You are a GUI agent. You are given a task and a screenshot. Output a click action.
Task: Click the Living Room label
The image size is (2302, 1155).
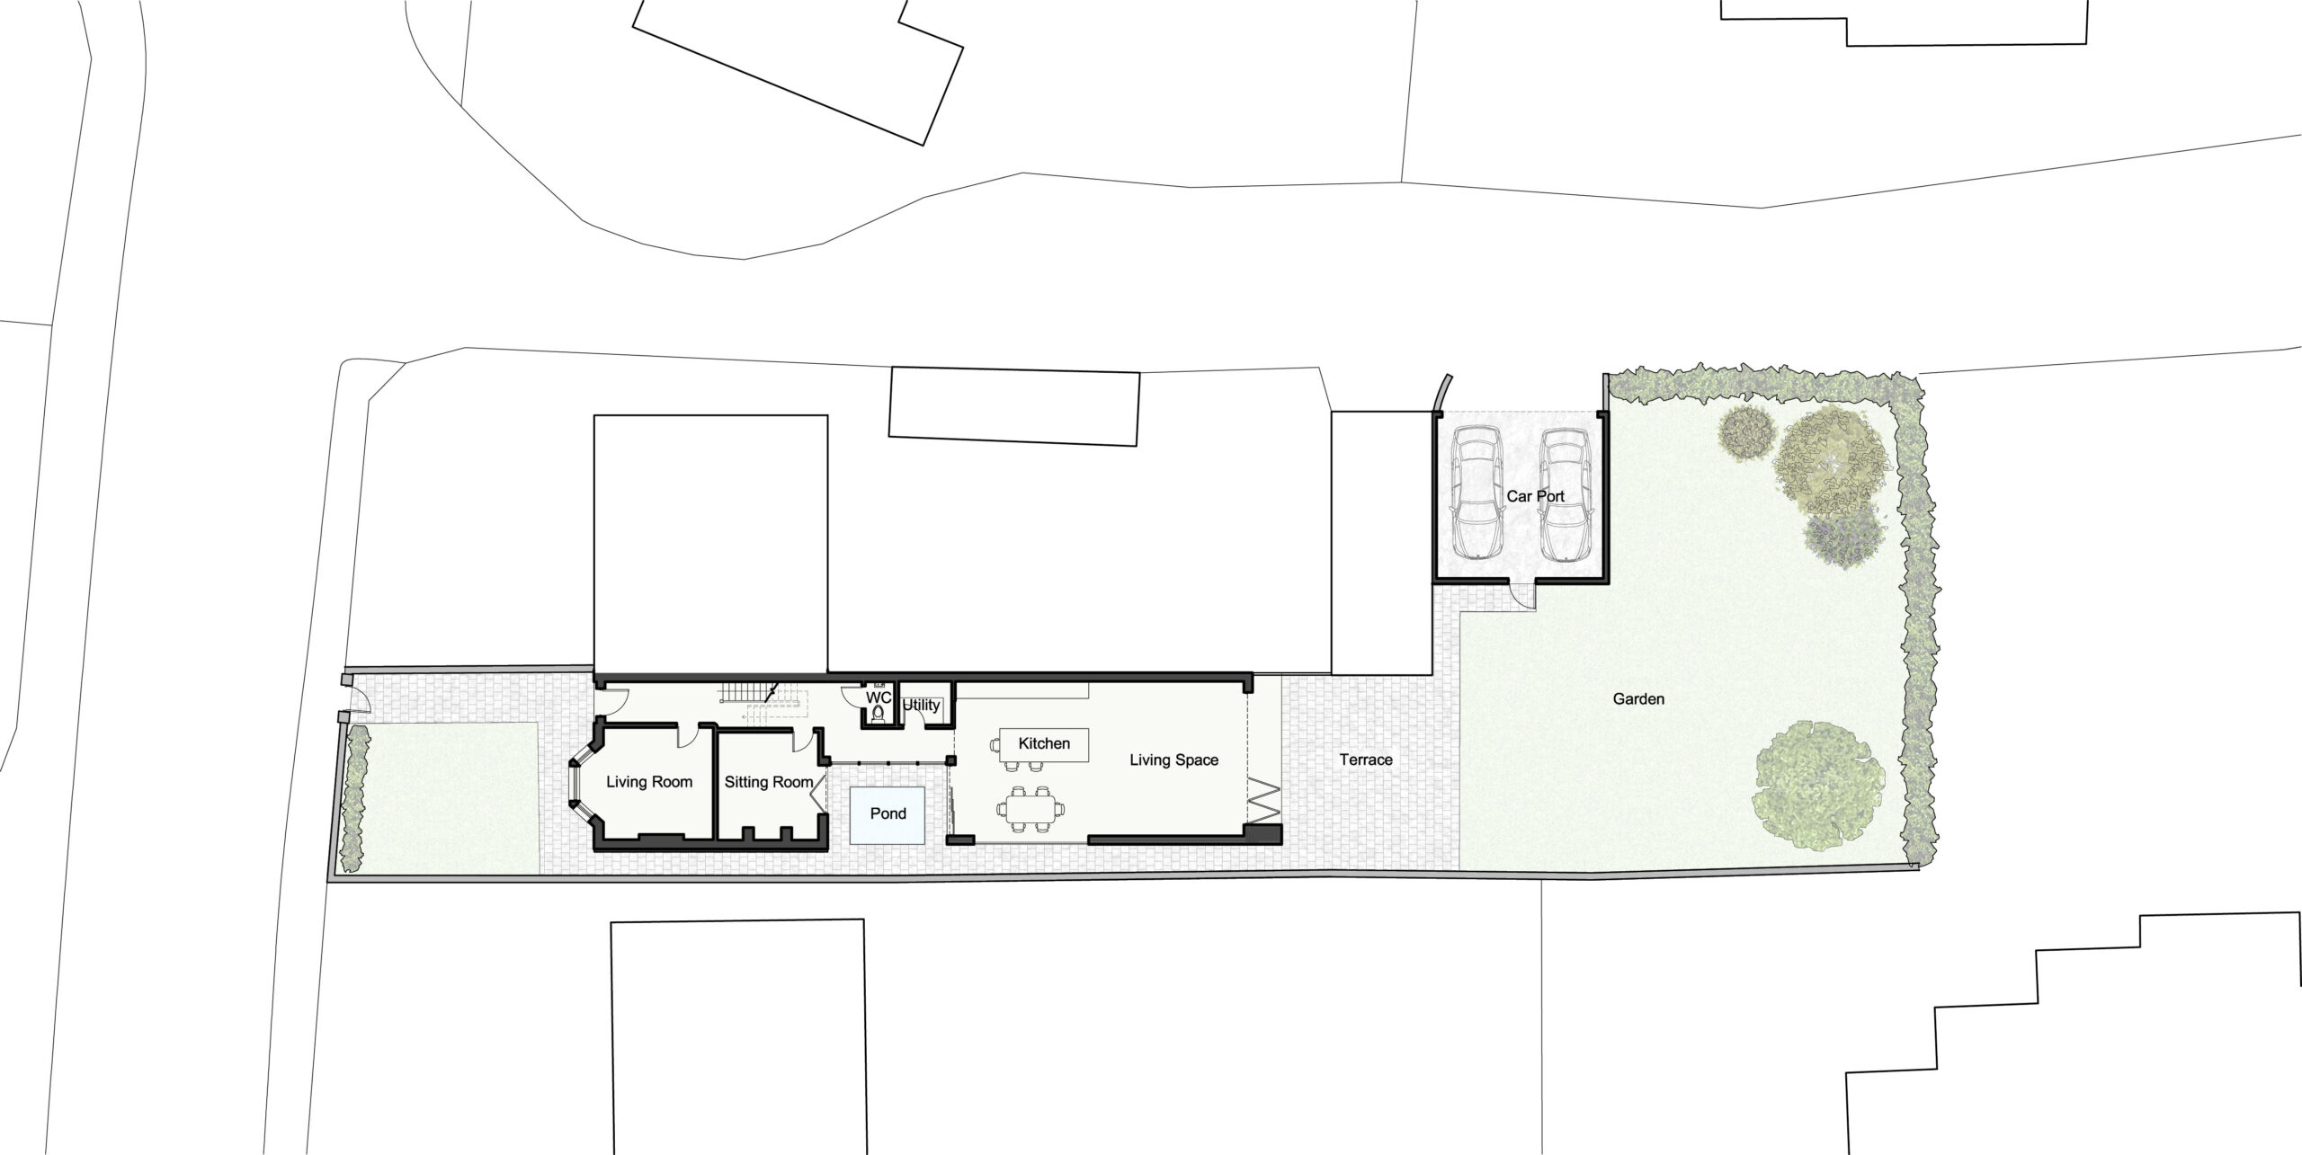(x=648, y=782)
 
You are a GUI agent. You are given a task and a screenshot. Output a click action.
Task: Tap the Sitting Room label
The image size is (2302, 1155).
(x=768, y=782)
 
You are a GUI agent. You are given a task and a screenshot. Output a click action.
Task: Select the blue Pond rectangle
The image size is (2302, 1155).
(x=888, y=813)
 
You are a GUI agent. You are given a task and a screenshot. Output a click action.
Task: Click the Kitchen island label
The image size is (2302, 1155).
(x=1044, y=743)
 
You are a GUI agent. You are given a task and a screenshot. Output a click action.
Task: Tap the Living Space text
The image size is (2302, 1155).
(x=1173, y=760)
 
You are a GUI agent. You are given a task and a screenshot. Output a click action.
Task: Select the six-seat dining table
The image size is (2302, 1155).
(x=1030, y=811)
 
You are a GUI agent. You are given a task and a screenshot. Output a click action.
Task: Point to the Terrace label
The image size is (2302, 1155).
(x=1365, y=760)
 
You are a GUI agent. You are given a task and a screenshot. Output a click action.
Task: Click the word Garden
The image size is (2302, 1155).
(x=1638, y=698)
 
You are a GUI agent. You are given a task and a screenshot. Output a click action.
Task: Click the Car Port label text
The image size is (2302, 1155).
(x=1535, y=496)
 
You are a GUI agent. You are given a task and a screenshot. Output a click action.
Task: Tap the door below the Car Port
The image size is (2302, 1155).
(x=1521, y=596)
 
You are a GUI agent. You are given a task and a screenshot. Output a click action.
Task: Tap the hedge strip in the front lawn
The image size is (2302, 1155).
(x=355, y=799)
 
